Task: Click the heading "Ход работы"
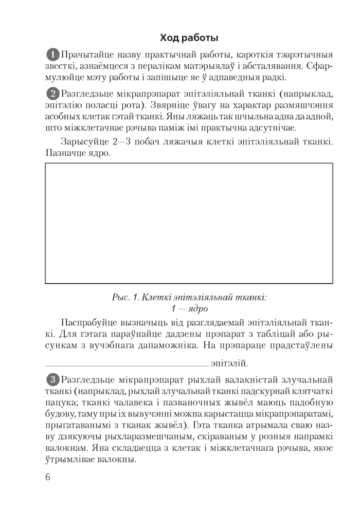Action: click(189, 38)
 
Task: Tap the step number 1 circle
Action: click(53, 54)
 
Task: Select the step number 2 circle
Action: click(53, 94)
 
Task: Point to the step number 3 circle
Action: click(53, 381)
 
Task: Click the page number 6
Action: click(48, 476)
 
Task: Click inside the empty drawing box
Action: click(189, 223)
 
